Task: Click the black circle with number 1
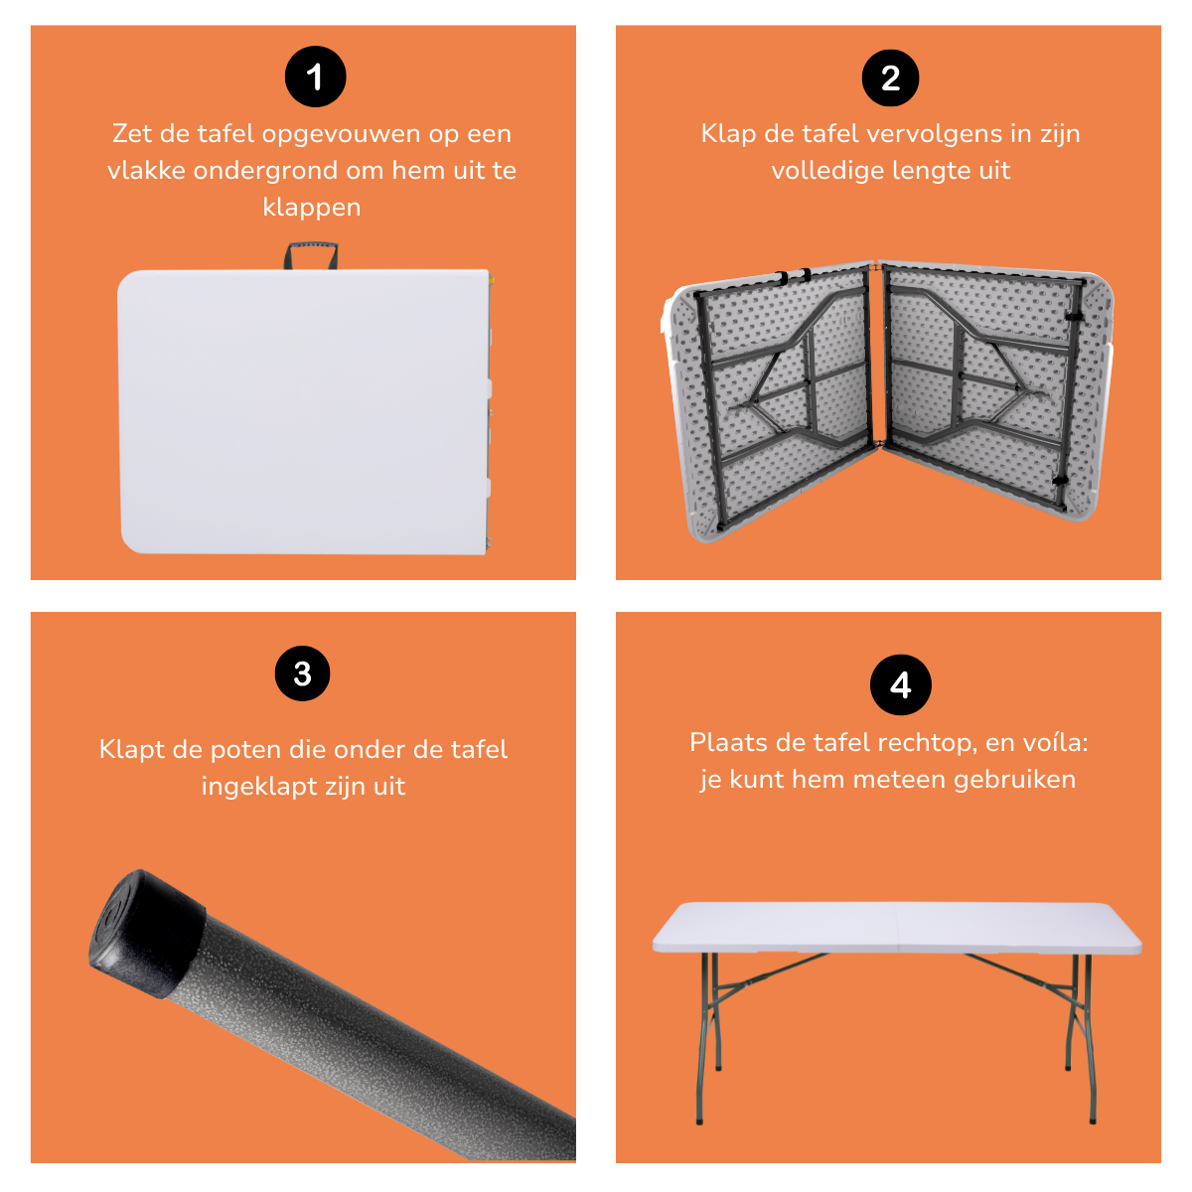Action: [315, 77]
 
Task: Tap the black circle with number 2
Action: [890, 77]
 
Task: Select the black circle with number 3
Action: [303, 673]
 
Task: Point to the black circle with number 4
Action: [900, 684]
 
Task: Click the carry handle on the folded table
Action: [312, 255]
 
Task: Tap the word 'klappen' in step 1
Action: [312, 207]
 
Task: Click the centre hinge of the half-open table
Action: [876, 358]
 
